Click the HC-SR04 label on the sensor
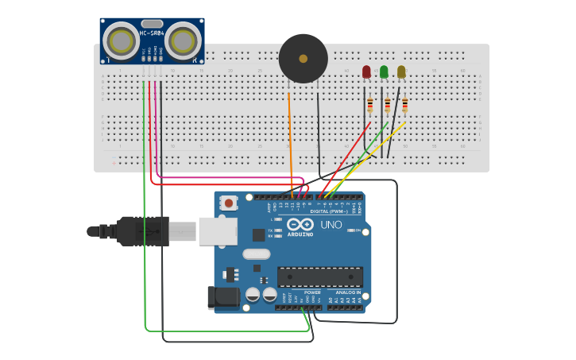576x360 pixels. click(152, 33)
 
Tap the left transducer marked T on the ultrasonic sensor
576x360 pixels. click(121, 41)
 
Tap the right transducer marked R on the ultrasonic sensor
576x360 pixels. click(184, 40)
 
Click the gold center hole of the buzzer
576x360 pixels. click(303, 58)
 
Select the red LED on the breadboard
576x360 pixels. click(366, 72)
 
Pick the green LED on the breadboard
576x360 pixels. click(384, 72)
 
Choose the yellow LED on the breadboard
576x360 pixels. click(401, 72)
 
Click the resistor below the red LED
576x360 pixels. click(369, 105)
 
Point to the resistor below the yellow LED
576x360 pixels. click(404, 105)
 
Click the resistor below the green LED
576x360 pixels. click(387, 105)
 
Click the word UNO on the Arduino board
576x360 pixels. click(331, 225)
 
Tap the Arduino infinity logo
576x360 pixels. click(300, 224)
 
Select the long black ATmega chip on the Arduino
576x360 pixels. click(319, 277)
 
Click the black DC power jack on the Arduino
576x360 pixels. click(222, 297)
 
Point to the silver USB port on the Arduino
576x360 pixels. click(217, 230)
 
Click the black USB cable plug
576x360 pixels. click(143, 231)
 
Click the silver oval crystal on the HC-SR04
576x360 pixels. click(152, 24)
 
